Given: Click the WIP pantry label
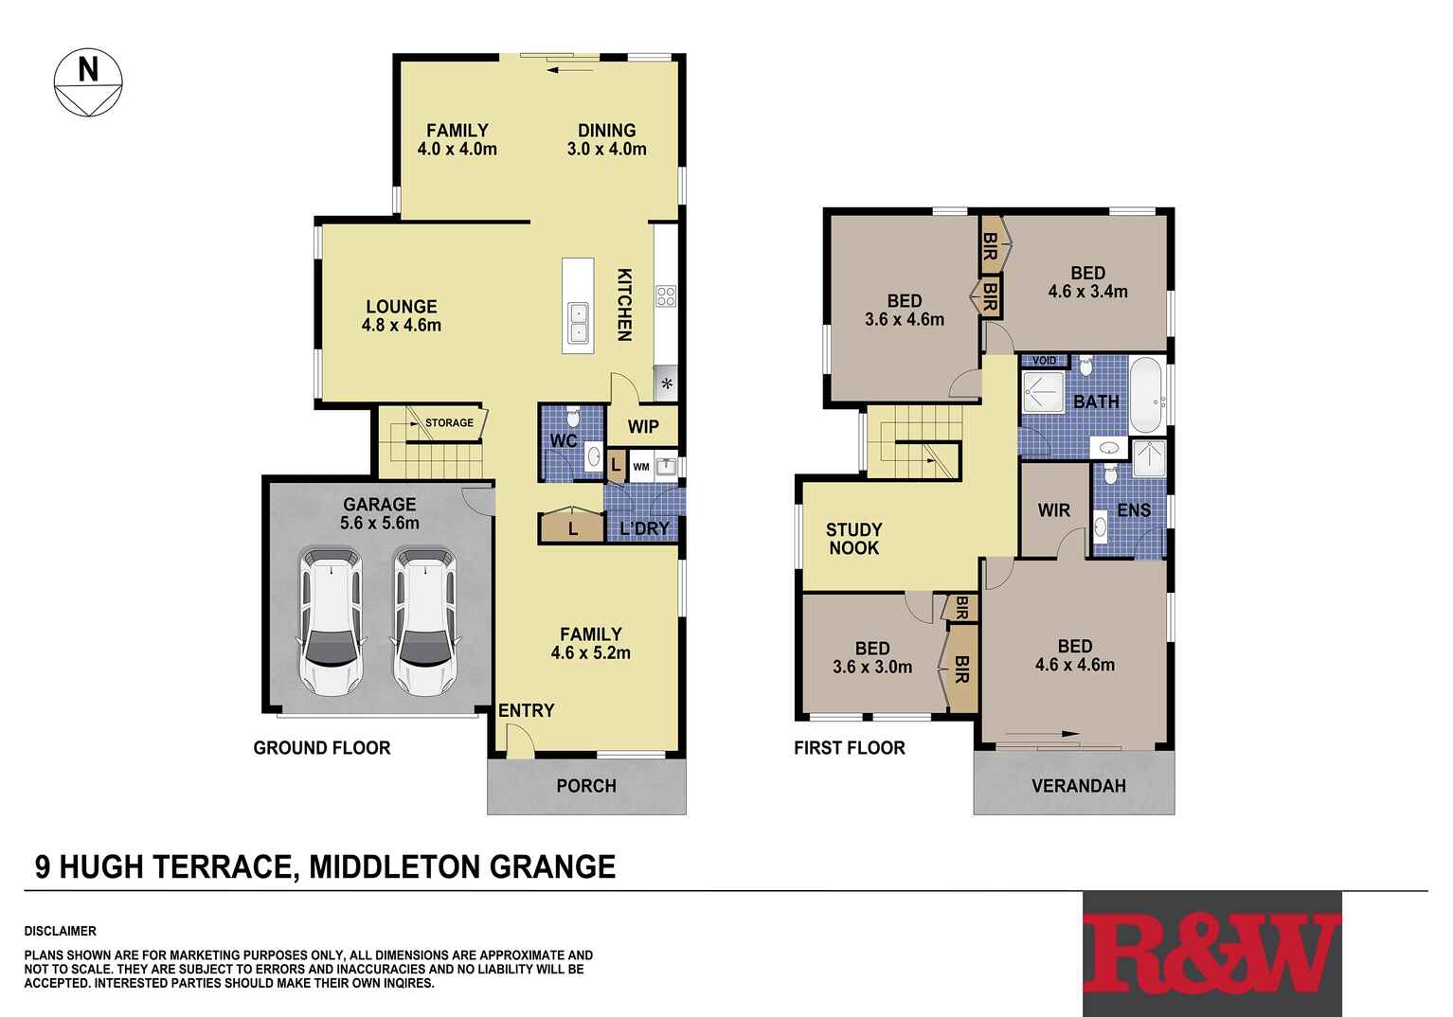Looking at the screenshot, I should tap(643, 427).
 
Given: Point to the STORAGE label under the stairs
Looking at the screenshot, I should tap(449, 423).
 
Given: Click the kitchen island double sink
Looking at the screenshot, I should tap(577, 323).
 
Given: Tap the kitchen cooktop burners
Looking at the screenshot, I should tap(666, 295).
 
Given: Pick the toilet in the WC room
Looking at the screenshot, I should tap(572, 418).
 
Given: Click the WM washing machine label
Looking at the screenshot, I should tap(641, 467).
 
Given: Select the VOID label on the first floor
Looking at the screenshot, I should tap(1044, 361).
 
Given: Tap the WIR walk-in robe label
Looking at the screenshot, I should tap(1053, 511).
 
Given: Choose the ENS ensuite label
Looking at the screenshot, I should tap(1134, 511).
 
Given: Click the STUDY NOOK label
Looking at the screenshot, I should tap(853, 539).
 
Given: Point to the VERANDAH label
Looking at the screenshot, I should tap(1078, 786).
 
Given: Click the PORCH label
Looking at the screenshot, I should tap(586, 786).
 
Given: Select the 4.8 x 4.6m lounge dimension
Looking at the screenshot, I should tap(402, 326).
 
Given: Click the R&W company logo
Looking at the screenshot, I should tap(1211, 954).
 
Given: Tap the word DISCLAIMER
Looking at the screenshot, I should tap(61, 932).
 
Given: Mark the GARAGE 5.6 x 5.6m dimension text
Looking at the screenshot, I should tap(380, 523).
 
